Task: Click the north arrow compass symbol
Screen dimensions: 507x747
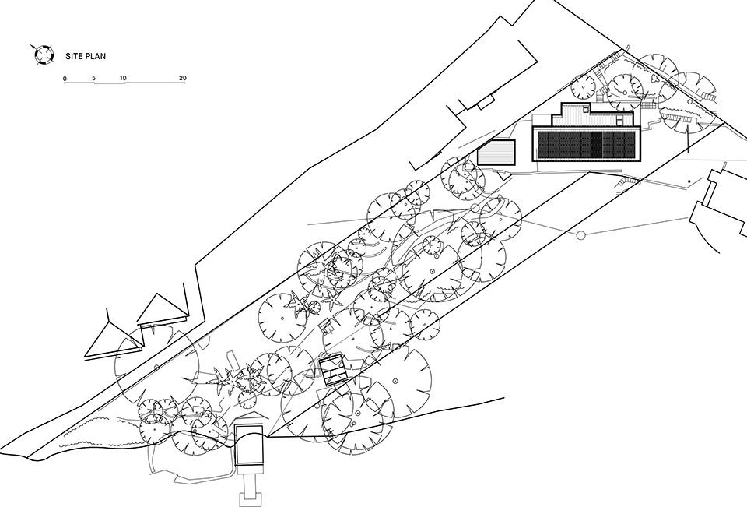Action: [44, 54]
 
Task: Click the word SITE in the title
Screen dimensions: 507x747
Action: [75, 56]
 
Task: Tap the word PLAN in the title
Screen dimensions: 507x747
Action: [96, 56]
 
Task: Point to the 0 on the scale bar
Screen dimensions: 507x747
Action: [65, 79]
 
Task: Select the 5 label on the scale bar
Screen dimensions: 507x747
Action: [93, 79]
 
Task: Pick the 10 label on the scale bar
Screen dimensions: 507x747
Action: [123, 79]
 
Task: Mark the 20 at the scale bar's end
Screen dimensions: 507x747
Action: [182, 79]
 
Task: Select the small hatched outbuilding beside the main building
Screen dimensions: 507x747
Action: [497, 151]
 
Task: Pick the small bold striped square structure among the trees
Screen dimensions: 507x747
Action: [331, 368]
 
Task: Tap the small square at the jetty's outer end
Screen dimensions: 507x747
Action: [250, 494]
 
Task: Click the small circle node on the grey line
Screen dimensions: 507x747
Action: [580, 234]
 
